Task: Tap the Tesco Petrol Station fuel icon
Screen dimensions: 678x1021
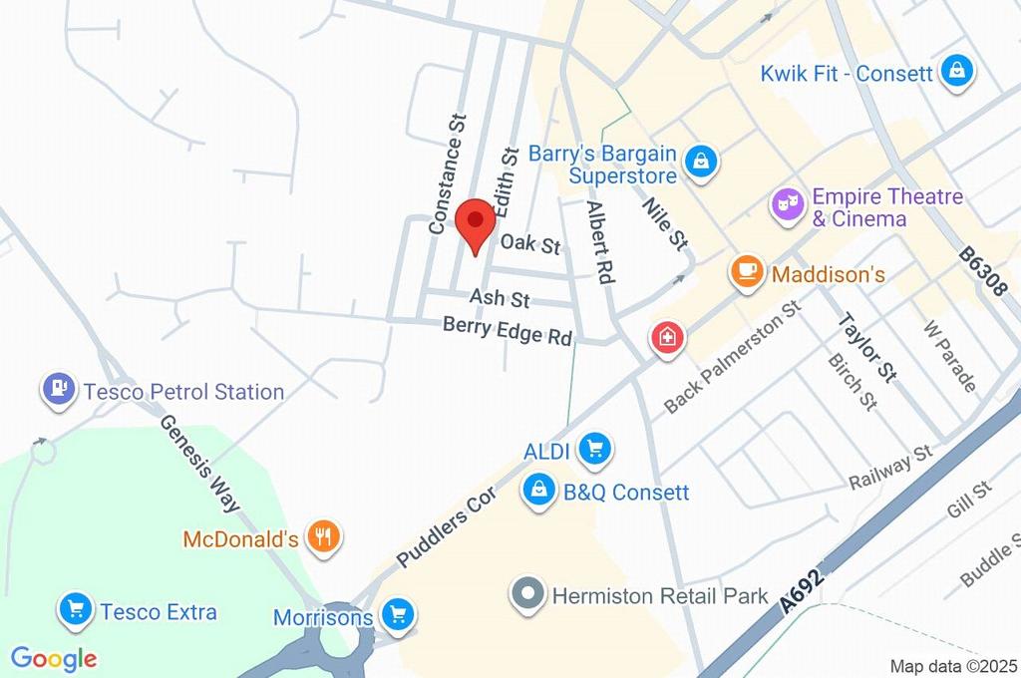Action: (60, 389)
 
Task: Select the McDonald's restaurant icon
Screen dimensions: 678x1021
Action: (323, 537)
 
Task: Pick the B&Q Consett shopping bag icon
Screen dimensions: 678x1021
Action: (539, 491)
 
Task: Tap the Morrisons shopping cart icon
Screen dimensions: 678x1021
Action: (398, 615)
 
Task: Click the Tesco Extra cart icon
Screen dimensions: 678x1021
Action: (75, 609)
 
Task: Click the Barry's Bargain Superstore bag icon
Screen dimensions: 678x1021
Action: (702, 162)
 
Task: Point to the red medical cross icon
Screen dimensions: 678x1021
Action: (667, 336)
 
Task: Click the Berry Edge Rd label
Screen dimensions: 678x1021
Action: (508, 330)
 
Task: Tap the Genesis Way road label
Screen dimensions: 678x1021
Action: (199, 464)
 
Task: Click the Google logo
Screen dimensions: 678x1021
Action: (53, 658)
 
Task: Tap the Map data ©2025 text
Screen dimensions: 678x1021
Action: (953, 666)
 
